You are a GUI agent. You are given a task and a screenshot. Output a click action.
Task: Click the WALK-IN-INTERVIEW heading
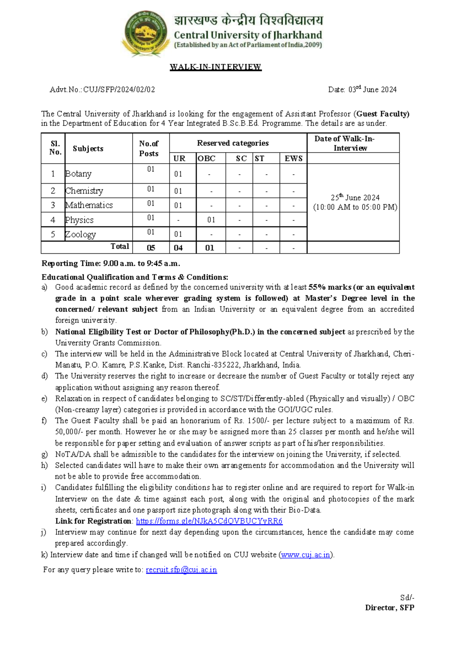click(x=215, y=67)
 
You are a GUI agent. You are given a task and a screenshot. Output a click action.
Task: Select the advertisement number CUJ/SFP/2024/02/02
click(x=119, y=90)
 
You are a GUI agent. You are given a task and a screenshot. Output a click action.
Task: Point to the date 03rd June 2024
click(x=372, y=90)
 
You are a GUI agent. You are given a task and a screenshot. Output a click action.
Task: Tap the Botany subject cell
click(x=79, y=174)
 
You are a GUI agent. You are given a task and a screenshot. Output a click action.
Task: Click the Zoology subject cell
click(x=81, y=234)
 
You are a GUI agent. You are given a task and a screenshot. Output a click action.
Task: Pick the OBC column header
click(x=207, y=159)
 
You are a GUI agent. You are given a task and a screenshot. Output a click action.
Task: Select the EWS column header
click(x=293, y=159)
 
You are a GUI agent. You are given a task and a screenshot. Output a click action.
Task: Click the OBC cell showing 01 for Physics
click(x=211, y=220)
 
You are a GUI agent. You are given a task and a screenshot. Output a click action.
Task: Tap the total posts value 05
click(x=151, y=248)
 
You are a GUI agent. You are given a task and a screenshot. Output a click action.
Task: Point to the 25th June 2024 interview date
click(x=355, y=198)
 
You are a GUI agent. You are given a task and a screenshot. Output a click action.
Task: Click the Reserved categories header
click(x=233, y=143)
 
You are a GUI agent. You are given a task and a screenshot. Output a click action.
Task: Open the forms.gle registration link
click(x=209, y=521)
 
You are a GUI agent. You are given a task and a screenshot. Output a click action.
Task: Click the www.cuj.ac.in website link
click(x=306, y=555)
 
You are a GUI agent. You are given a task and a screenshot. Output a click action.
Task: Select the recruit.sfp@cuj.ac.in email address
click(x=181, y=570)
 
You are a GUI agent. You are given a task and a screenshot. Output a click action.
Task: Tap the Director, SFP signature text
click(x=389, y=608)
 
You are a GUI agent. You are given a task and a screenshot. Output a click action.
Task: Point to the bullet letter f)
click(x=44, y=421)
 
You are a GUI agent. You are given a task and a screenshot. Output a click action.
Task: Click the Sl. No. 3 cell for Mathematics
click(x=53, y=205)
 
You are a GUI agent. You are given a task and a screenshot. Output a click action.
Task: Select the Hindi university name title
click(x=248, y=20)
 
